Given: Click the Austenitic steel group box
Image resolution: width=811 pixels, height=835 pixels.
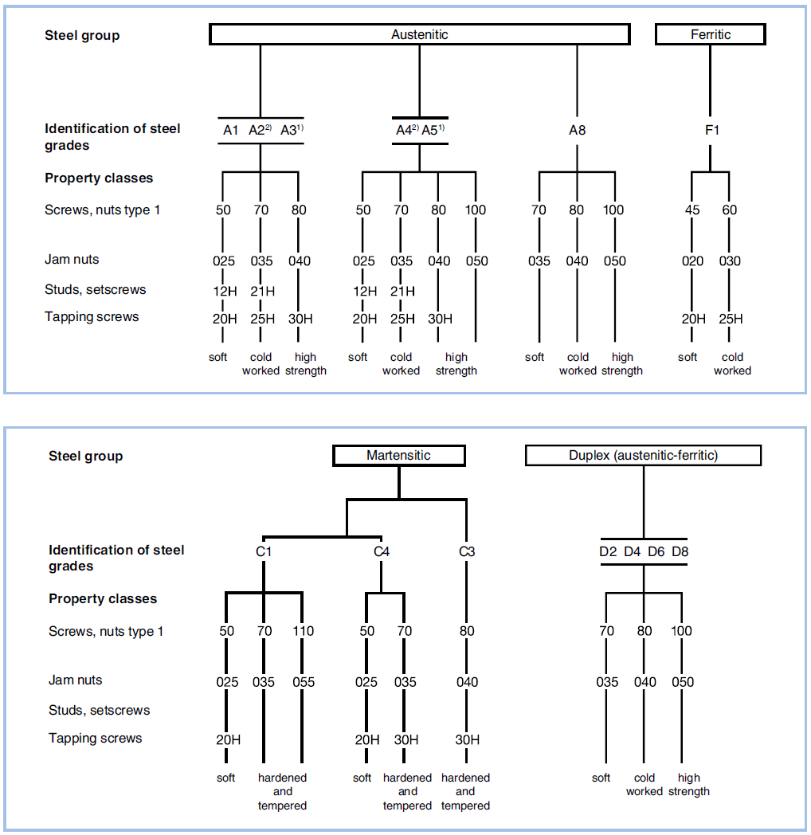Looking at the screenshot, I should point(419,34).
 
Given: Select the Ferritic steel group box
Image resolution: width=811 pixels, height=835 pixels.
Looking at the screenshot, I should point(710,34).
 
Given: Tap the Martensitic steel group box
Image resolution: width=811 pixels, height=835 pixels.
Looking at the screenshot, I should point(398,456).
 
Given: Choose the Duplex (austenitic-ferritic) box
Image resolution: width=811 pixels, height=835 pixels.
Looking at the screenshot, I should point(643,456).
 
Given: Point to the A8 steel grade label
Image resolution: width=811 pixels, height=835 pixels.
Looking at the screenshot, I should point(577,130).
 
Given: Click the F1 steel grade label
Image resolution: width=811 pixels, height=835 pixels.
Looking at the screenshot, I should point(711,130).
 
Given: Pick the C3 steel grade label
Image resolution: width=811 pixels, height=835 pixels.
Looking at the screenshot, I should point(467,551).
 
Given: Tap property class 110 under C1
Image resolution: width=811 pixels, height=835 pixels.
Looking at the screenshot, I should point(303,631).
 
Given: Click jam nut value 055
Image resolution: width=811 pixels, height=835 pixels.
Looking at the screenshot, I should point(303,682).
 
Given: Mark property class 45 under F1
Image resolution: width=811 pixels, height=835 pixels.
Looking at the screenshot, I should point(693,210).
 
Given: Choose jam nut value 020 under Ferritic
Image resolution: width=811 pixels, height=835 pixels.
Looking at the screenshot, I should point(693,261).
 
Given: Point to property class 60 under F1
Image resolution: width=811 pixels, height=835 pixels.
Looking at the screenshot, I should point(730,210).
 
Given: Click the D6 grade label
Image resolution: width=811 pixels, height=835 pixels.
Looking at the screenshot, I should point(656,551).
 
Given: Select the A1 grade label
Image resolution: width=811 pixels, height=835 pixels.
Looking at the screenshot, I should point(230,130).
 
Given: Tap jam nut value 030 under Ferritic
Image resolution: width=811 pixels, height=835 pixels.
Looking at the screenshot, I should point(730,261).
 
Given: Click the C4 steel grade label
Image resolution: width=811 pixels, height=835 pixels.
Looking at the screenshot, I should point(382,551).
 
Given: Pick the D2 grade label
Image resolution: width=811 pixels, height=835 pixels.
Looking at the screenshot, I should point(608,551).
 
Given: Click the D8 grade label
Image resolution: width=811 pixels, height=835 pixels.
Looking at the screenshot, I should point(680,551).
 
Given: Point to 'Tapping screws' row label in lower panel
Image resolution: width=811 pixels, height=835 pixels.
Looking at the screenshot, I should point(95,738).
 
